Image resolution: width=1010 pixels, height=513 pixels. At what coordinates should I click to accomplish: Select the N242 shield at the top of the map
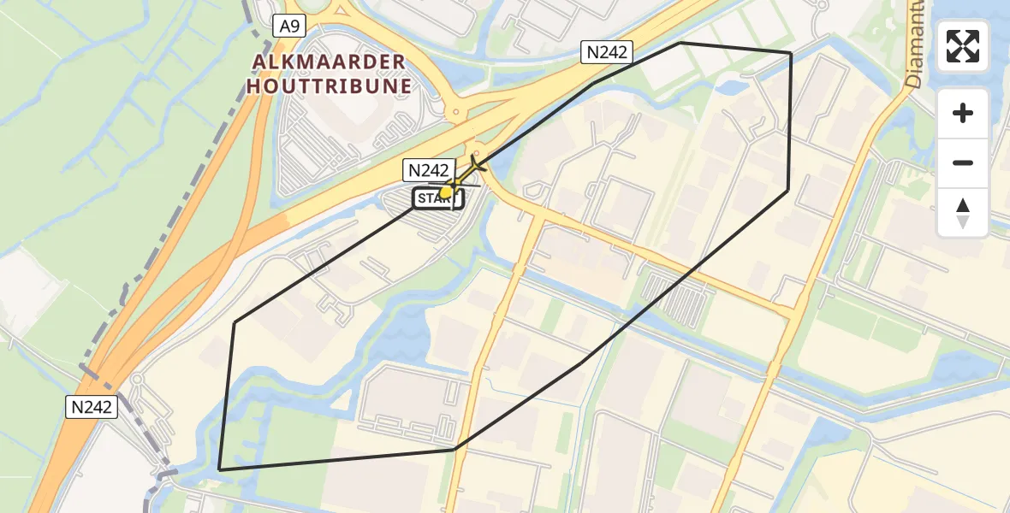[x=606, y=52]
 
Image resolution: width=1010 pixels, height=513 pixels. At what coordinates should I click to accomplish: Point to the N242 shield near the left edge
[x=91, y=407]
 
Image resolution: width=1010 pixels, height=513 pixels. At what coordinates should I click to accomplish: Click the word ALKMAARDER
[x=330, y=62]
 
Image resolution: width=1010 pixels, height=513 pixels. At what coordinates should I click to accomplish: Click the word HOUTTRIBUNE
[x=330, y=85]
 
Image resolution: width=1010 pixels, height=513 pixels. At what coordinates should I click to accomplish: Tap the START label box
[x=438, y=199]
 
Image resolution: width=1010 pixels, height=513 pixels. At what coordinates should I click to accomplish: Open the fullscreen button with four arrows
[x=962, y=45]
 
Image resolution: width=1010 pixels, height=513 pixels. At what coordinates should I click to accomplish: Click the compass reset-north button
[x=962, y=212]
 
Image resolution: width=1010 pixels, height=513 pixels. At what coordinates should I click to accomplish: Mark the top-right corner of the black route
[x=790, y=53]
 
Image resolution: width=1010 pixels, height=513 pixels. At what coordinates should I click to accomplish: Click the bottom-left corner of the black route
[x=220, y=469]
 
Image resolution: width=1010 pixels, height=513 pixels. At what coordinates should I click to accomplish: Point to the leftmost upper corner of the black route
[x=235, y=322]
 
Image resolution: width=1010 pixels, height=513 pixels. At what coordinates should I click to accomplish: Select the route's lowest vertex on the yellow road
[x=454, y=449]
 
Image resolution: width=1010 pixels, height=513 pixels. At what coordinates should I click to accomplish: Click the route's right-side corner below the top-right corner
[x=788, y=190]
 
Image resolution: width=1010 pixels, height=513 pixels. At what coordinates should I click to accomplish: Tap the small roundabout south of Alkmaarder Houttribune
[x=456, y=112]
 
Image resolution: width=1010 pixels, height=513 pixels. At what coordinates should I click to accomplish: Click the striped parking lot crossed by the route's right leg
[x=678, y=295]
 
